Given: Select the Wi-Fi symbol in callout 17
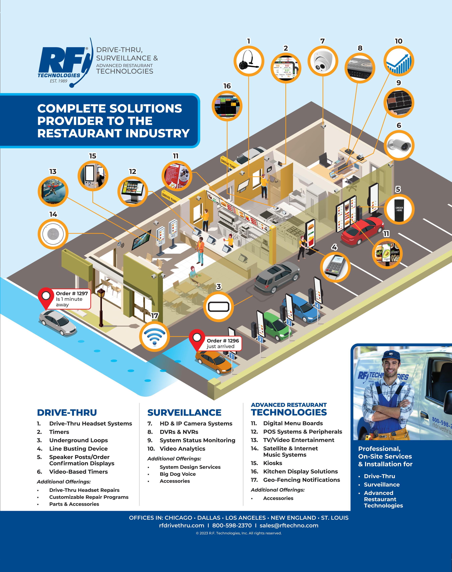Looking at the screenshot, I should tap(155, 337).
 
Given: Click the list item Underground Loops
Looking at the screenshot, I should tap(78, 440).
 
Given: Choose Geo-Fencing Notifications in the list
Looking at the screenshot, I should tap(302, 480).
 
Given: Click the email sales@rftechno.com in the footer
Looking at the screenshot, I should tap(289, 525).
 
